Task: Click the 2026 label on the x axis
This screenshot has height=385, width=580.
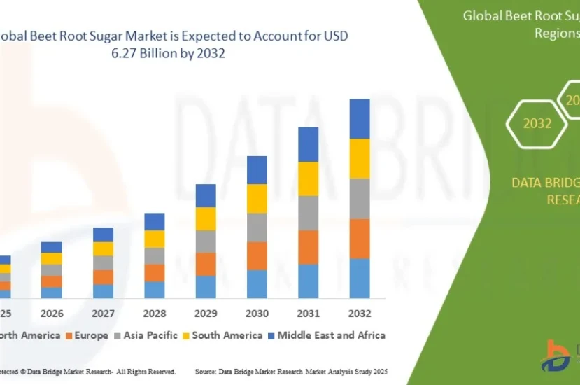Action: [x=52, y=313]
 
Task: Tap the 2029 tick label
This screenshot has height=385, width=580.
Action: [x=206, y=313]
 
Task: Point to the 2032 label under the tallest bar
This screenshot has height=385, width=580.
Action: [x=360, y=313]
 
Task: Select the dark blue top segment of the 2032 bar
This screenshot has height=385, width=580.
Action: [x=360, y=118]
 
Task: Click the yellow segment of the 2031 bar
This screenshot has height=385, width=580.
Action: [x=309, y=178]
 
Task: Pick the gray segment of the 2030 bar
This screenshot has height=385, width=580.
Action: [x=257, y=227]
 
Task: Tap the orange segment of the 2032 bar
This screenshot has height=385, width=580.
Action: [x=360, y=238]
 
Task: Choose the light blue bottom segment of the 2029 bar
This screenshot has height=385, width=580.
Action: [x=206, y=287]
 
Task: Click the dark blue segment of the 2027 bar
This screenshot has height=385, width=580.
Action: [x=103, y=234]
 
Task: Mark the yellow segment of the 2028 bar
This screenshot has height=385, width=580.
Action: [x=155, y=239]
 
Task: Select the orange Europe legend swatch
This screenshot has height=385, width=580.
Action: [x=69, y=336]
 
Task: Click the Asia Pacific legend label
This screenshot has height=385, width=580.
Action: [x=150, y=335]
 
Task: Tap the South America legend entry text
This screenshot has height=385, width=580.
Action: [x=227, y=335]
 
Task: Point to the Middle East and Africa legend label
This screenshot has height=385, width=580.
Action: [x=331, y=335]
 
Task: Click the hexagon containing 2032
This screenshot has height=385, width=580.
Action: [x=537, y=123]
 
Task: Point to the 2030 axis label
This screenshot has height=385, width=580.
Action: [x=257, y=313]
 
